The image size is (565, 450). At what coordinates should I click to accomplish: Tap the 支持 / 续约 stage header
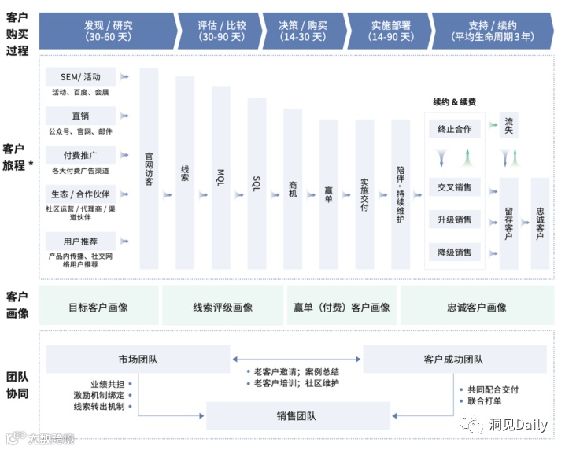[493, 31]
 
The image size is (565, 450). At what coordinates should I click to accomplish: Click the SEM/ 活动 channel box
[80, 76]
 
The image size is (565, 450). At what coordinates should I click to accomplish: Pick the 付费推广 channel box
[80, 154]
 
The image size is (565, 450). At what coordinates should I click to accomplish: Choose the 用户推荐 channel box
[80, 241]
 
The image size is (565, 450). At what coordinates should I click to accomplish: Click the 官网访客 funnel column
[149, 169]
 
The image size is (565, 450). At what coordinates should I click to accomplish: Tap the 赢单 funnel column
[328, 194]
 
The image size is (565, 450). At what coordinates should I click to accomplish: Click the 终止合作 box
[455, 128]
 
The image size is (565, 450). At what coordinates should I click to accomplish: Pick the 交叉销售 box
[455, 187]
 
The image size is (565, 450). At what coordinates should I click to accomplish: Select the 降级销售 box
[455, 253]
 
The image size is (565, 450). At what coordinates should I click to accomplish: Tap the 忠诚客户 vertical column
[540, 223]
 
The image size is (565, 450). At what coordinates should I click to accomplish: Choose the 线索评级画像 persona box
[223, 308]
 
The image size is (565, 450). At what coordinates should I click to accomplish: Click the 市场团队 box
[138, 360]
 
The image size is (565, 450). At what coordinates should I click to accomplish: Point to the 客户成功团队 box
[453, 360]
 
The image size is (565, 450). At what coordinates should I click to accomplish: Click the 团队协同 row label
[17, 384]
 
